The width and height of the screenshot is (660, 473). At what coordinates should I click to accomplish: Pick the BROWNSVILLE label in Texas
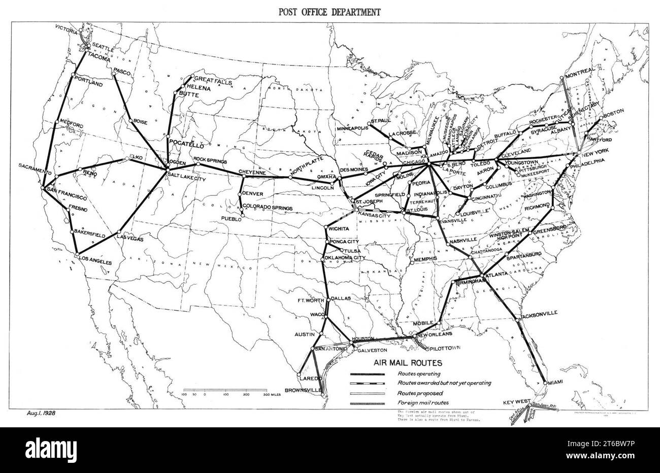pyautogui.click(x=303, y=390)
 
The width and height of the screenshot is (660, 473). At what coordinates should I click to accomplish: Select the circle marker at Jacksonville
pyautogui.click(x=517, y=319)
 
